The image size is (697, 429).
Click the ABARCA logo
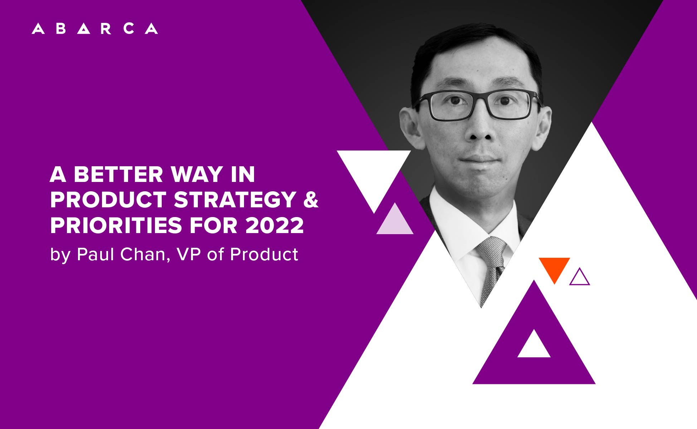point(95,29)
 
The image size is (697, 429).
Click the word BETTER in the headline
point(118,174)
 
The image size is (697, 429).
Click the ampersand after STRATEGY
point(311,199)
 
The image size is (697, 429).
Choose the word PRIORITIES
point(116,225)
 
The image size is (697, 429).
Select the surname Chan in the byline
point(142,255)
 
